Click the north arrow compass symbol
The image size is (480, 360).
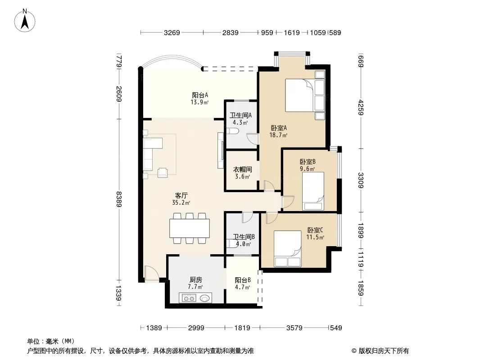click(x=25, y=20)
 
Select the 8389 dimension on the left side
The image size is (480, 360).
click(x=119, y=199)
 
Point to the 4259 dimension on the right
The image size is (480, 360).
click(x=361, y=108)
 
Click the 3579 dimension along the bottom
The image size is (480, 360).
click(x=294, y=328)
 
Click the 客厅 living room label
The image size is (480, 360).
click(x=181, y=195)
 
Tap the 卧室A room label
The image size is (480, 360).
click(x=279, y=128)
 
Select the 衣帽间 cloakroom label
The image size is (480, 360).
click(x=242, y=170)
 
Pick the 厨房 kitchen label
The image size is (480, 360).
click(x=195, y=279)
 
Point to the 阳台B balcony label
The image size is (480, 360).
click(x=243, y=280)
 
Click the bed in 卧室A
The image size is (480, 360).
click(x=299, y=95)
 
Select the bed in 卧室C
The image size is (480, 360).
click(x=287, y=249)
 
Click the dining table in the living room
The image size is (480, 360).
click(x=190, y=228)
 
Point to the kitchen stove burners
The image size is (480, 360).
click(x=189, y=298)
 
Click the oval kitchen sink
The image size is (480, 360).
click(x=205, y=298)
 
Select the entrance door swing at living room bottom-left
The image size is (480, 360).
click(x=152, y=272)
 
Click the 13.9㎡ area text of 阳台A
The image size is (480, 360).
click(x=199, y=103)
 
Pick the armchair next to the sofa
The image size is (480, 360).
click(x=163, y=172)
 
